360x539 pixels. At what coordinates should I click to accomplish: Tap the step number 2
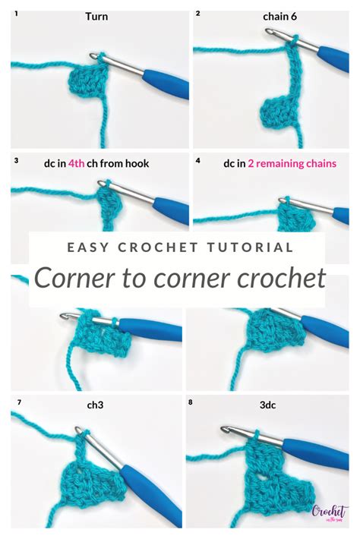click(x=198, y=13)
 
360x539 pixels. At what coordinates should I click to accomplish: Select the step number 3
click(x=15, y=161)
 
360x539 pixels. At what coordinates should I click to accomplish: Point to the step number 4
click(x=198, y=161)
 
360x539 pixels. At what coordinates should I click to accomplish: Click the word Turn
click(x=96, y=15)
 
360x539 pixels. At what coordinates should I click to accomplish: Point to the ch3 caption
click(x=96, y=405)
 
